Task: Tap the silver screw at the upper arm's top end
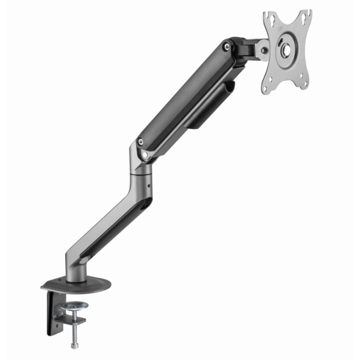[225, 46]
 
